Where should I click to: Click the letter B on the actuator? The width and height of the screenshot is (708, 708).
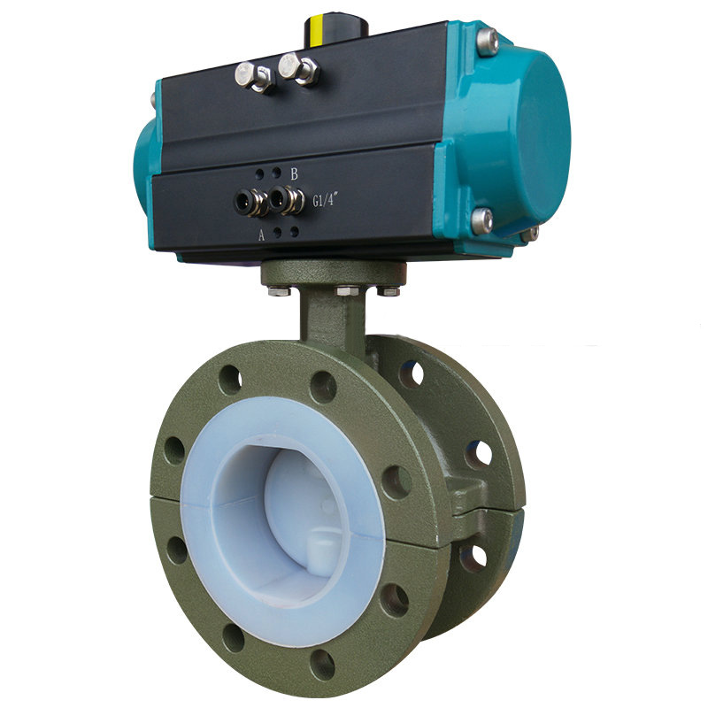[294, 173]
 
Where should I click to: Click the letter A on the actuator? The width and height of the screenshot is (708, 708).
[261, 235]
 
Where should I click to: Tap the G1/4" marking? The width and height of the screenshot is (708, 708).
[326, 200]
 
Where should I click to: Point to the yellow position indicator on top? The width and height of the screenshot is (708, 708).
[314, 31]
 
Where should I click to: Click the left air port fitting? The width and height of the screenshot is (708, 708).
[249, 203]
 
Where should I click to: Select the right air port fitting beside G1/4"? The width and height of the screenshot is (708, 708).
[286, 199]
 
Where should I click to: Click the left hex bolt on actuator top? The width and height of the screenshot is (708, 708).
[253, 77]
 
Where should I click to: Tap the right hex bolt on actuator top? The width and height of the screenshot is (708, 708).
[297, 68]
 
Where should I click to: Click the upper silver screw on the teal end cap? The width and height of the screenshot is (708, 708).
[488, 42]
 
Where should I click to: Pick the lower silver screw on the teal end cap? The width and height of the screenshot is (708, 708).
[482, 220]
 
